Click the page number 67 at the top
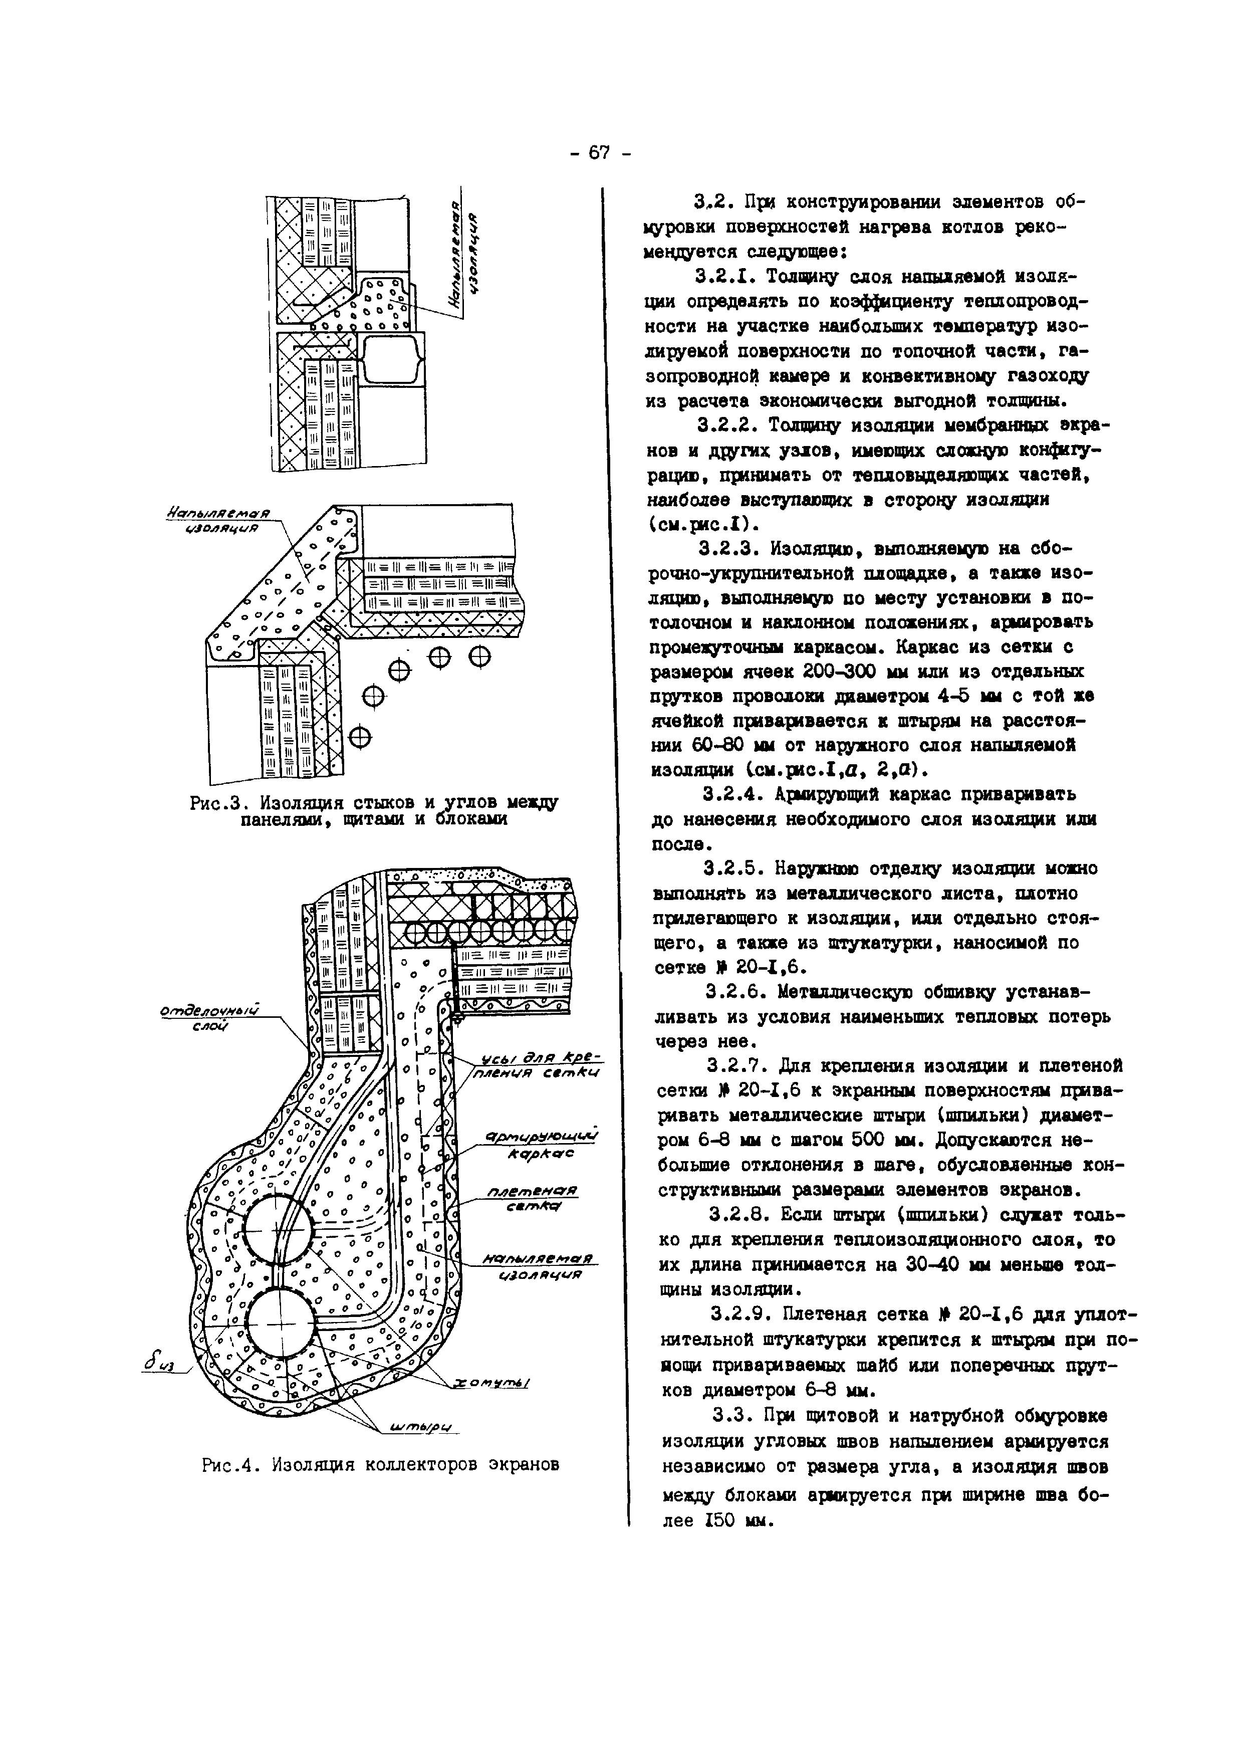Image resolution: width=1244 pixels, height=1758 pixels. point(599,153)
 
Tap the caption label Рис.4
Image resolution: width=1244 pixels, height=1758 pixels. point(227,1465)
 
